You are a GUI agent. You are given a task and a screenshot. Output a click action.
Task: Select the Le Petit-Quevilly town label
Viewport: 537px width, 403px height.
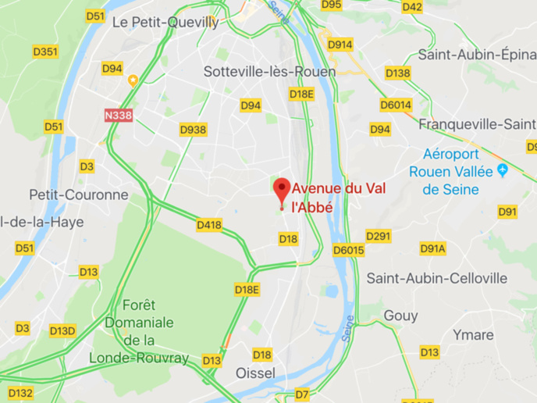tap(165, 22)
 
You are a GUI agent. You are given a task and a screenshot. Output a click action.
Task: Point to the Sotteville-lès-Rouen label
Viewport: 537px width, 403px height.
tap(269, 71)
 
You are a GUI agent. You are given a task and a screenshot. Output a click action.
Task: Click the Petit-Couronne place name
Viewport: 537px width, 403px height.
tap(78, 194)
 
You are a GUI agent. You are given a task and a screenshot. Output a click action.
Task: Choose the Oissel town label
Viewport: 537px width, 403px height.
tap(255, 373)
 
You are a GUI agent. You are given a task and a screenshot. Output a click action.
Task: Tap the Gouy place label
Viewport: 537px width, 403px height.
tap(400, 316)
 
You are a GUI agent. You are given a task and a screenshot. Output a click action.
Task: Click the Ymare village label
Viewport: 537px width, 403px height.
tap(473, 335)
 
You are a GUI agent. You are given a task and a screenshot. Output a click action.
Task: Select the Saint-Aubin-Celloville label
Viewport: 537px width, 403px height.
tap(436, 278)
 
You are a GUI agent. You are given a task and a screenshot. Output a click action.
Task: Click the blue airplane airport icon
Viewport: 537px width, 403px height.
tap(503, 170)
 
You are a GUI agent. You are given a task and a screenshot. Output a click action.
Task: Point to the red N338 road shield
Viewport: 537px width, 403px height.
tap(118, 115)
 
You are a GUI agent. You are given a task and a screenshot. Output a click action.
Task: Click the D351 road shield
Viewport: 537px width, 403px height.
tap(45, 52)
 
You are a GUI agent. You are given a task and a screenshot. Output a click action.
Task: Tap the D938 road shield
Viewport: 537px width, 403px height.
tap(193, 130)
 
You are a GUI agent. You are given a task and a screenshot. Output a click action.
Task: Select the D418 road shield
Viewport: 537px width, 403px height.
tap(209, 225)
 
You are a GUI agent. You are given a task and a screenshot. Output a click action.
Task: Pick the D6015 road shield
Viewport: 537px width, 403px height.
tap(348, 250)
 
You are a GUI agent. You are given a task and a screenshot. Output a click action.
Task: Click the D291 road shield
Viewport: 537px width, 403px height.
tap(378, 236)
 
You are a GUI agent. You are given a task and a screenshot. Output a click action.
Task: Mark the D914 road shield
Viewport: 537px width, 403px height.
tap(340, 45)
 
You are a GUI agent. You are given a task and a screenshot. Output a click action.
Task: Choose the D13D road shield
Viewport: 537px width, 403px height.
tap(62, 330)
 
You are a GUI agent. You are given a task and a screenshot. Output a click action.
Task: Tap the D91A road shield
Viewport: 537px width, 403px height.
tap(432, 248)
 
